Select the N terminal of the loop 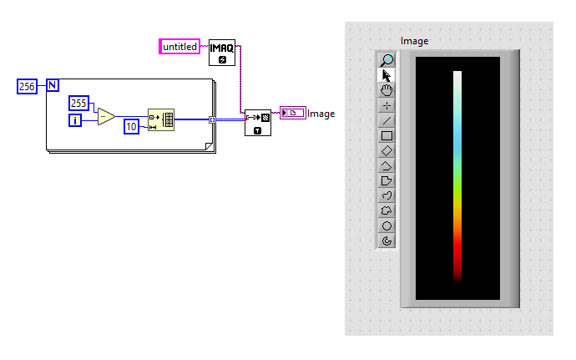click(x=52, y=85)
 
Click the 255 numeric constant click(x=79, y=103)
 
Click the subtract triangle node click(x=106, y=116)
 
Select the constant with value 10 click(x=131, y=126)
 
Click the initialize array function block click(x=160, y=120)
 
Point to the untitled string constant click(x=179, y=47)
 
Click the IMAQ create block click(x=221, y=52)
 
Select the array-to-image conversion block click(x=257, y=122)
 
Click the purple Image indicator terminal click(x=292, y=113)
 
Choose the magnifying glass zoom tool click(x=387, y=60)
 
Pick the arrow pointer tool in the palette click(x=387, y=75)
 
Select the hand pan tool click(x=387, y=90)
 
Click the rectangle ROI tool click(x=387, y=135)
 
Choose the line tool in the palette click(x=387, y=120)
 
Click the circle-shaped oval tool click(x=387, y=226)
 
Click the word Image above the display click(x=414, y=41)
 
